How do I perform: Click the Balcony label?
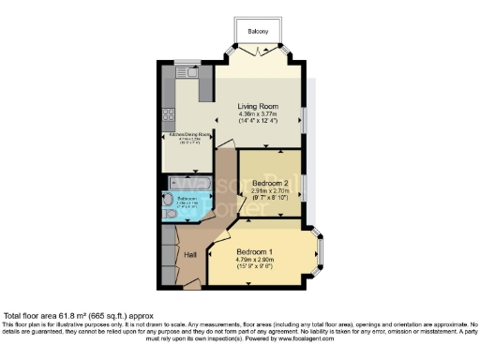[258, 32]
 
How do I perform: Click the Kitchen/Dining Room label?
[188, 135]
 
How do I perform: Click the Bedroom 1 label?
[255, 251]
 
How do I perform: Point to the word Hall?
[189, 254]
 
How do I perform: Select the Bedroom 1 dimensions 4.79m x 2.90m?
[255, 260]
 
